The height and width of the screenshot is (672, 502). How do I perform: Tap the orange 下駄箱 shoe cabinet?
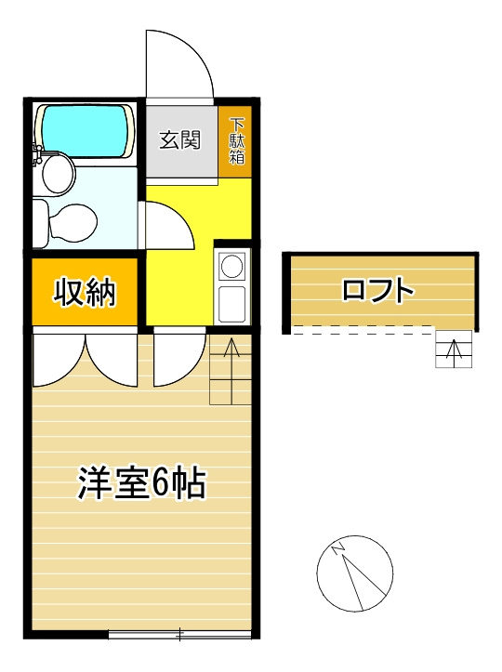click(x=237, y=141)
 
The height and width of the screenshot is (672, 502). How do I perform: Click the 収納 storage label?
click(x=84, y=293)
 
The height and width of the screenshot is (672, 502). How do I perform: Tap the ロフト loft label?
click(x=377, y=290)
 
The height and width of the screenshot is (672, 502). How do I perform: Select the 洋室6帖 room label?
click(x=141, y=483)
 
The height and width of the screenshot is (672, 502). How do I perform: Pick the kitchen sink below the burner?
click(x=231, y=303)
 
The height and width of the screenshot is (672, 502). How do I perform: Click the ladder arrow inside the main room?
click(x=231, y=350)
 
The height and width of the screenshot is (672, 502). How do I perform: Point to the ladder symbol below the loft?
click(x=454, y=349)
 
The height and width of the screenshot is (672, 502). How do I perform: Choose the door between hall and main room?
click(x=177, y=358)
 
